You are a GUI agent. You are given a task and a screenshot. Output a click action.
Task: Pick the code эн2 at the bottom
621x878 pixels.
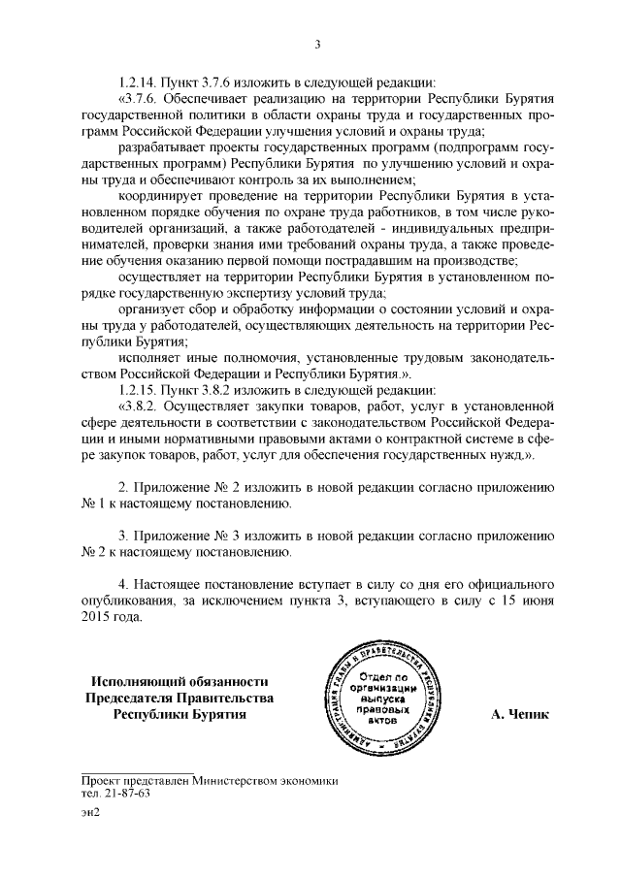(x=91, y=813)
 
